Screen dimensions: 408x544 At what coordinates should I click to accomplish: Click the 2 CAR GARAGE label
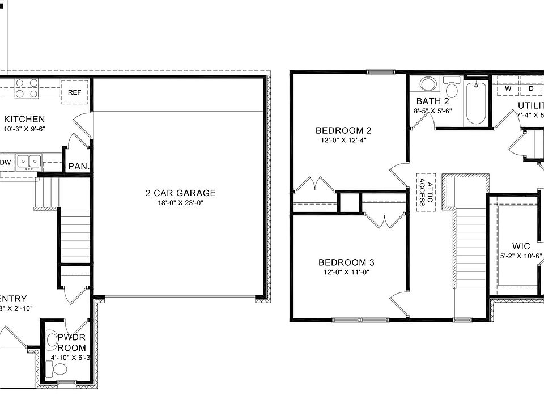coord(180,193)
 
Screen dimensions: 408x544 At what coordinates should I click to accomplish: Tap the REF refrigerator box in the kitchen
coord(75,92)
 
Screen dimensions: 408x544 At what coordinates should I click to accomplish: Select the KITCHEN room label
coord(24,119)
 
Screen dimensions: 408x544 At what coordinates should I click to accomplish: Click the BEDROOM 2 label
coord(344,130)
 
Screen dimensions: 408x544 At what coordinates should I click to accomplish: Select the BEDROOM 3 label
coord(346,262)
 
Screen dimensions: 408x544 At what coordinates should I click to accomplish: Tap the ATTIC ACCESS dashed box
coord(426,192)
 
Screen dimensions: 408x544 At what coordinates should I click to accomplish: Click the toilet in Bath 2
coord(452,88)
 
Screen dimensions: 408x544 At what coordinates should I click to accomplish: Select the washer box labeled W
coord(508,88)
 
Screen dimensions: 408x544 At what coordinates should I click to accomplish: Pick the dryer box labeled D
coord(532,88)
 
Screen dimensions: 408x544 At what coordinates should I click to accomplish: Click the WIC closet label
coord(521,246)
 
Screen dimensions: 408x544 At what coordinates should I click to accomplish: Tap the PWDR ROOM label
coord(72,342)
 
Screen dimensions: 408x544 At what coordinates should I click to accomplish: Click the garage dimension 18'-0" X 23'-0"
coord(180,203)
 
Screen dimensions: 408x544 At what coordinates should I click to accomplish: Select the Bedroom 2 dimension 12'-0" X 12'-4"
coord(344,141)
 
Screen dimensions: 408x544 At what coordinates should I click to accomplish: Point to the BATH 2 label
coord(432,101)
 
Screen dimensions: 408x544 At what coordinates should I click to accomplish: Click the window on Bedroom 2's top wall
coord(380,72)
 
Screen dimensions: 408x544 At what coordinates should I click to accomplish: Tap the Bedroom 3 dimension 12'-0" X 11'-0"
coord(346,272)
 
